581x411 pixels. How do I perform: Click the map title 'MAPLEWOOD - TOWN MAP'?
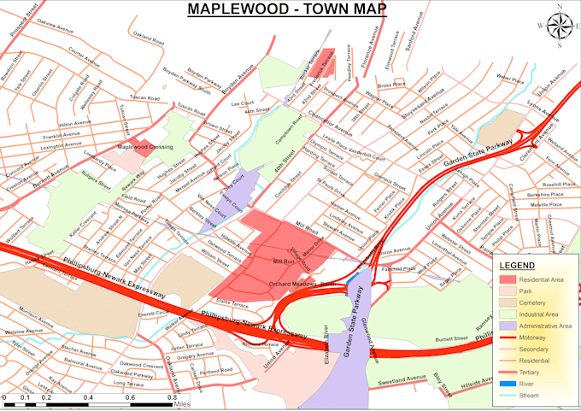point(286,9)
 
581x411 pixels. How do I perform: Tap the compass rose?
point(560,26)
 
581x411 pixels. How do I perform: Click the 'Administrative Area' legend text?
point(543,326)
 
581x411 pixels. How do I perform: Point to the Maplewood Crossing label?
point(145,146)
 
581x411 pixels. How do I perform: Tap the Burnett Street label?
point(449,339)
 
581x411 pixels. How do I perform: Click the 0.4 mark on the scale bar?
point(88,398)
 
